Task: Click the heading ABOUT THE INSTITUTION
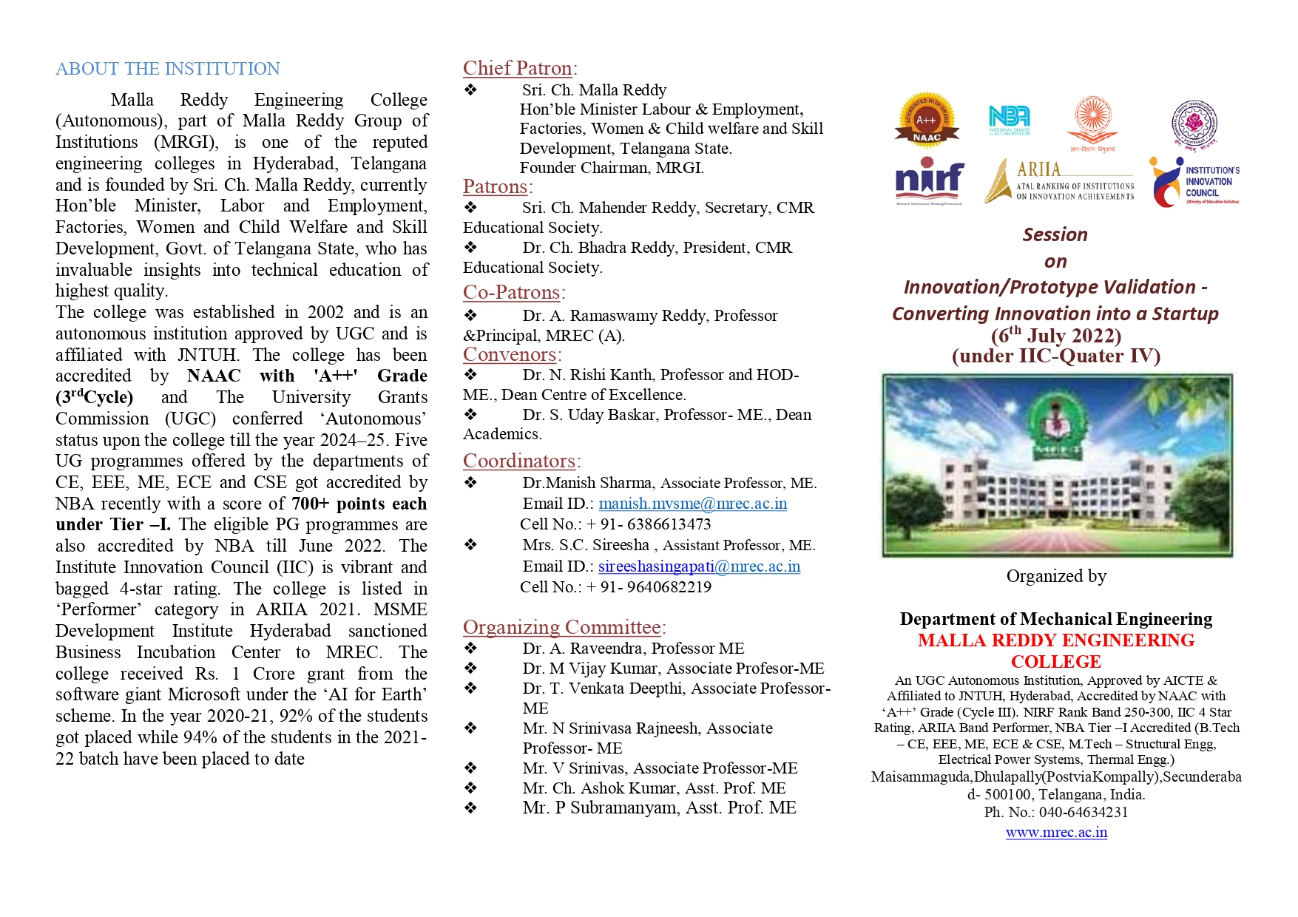[168, 69]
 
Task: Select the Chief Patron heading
[518, 68]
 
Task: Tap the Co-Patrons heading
[512, 292]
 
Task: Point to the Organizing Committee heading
[562, 627]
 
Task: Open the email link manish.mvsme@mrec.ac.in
[692, 504]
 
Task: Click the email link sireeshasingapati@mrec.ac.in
[699, 566]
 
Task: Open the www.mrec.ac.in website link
[1056, 832]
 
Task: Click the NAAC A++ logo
[926, 119]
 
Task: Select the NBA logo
[1009, 120]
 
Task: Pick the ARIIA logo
[1059, 181]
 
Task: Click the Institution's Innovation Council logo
[1194, 182]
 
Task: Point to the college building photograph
[1057, 465]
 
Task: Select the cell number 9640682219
[669, 587]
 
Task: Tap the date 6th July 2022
[1056, 336]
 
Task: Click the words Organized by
[1056, 576]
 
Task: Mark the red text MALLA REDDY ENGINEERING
[1056, 640]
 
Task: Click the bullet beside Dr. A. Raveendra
[470, 648]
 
